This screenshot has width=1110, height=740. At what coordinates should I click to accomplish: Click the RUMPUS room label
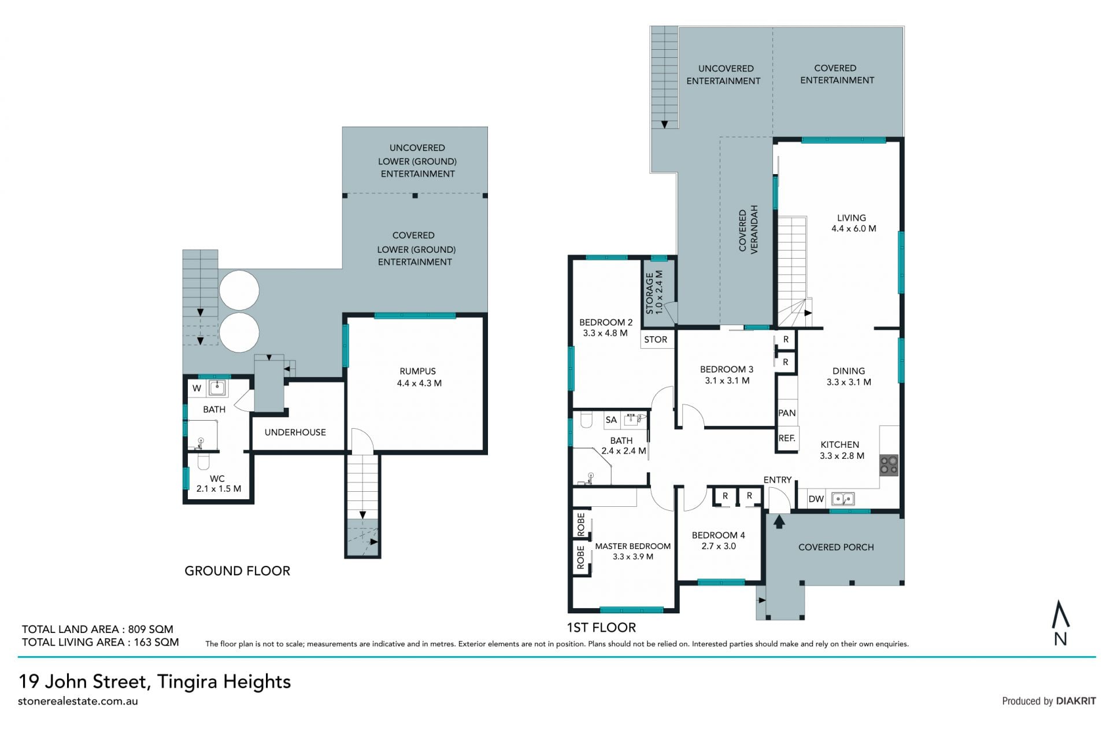[417, 371]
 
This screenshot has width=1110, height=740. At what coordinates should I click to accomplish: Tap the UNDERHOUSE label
[295, 432]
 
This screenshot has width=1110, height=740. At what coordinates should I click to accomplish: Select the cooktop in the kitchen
[889, 466]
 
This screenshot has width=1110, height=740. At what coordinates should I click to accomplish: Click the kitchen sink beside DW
[843, 498]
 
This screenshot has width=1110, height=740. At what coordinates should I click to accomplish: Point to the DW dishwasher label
[816, 499]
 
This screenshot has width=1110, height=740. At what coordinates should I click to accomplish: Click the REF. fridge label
[787, 439]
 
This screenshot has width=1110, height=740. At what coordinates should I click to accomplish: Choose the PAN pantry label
[787, 413]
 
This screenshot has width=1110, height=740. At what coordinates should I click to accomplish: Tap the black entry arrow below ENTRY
[779, 522]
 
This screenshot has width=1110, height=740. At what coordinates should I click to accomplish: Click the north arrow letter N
[1060, 639]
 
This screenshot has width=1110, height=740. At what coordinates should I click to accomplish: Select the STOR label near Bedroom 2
[656, 340]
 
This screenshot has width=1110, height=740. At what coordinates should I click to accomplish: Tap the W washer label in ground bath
[197, 388]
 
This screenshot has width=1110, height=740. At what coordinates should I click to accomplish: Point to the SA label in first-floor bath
[611, 420]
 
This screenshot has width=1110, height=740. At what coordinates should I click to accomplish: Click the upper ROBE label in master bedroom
[581, 524]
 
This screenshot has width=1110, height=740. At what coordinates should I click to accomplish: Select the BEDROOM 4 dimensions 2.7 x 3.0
[719, 546]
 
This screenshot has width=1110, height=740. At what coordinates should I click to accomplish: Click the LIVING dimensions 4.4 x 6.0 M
[854, 229]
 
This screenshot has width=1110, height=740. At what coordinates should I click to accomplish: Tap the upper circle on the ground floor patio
[239, 290]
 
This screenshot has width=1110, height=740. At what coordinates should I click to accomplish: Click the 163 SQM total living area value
[157, 642]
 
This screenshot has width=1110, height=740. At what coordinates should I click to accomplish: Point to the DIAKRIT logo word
[1076, 701]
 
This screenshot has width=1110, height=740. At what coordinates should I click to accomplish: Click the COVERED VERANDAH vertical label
[748, 229]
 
